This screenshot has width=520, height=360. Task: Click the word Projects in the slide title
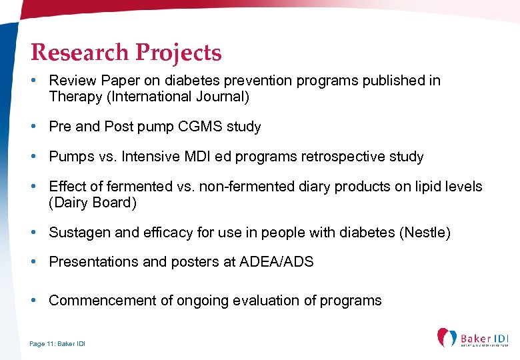(179, 52)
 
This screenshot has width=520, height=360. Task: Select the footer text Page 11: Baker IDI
(57, 344)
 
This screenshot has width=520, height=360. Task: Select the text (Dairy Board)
(92, 203)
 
